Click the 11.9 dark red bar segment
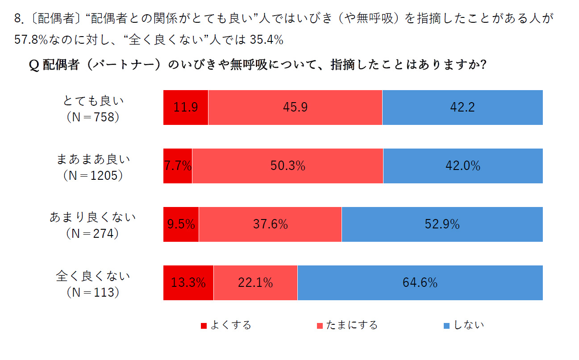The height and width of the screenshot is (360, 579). coord(186,108)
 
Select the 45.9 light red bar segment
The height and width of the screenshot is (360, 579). coord(295,108)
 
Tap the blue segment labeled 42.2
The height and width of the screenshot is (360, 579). coord(462,108)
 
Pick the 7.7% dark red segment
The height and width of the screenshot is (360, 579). coord(178,166)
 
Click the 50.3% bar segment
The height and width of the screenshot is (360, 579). coord(287,166)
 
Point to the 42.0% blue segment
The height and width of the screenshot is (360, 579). coord(463,166)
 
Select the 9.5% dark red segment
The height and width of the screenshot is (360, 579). coord(181,224)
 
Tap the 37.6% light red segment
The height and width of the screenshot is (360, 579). coord(270,224)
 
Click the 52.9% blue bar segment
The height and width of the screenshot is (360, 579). coord(442,224)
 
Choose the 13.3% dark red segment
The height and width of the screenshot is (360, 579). coord(188,283)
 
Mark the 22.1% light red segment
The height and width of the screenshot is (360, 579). coord(255,283)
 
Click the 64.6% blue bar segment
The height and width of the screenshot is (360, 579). coord(420,283)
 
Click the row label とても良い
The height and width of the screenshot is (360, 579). coord(93,101)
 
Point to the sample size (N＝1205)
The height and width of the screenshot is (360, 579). coord(93,176)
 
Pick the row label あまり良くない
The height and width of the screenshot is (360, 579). coord(93,218)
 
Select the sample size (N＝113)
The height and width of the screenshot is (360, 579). coord(93,293)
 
